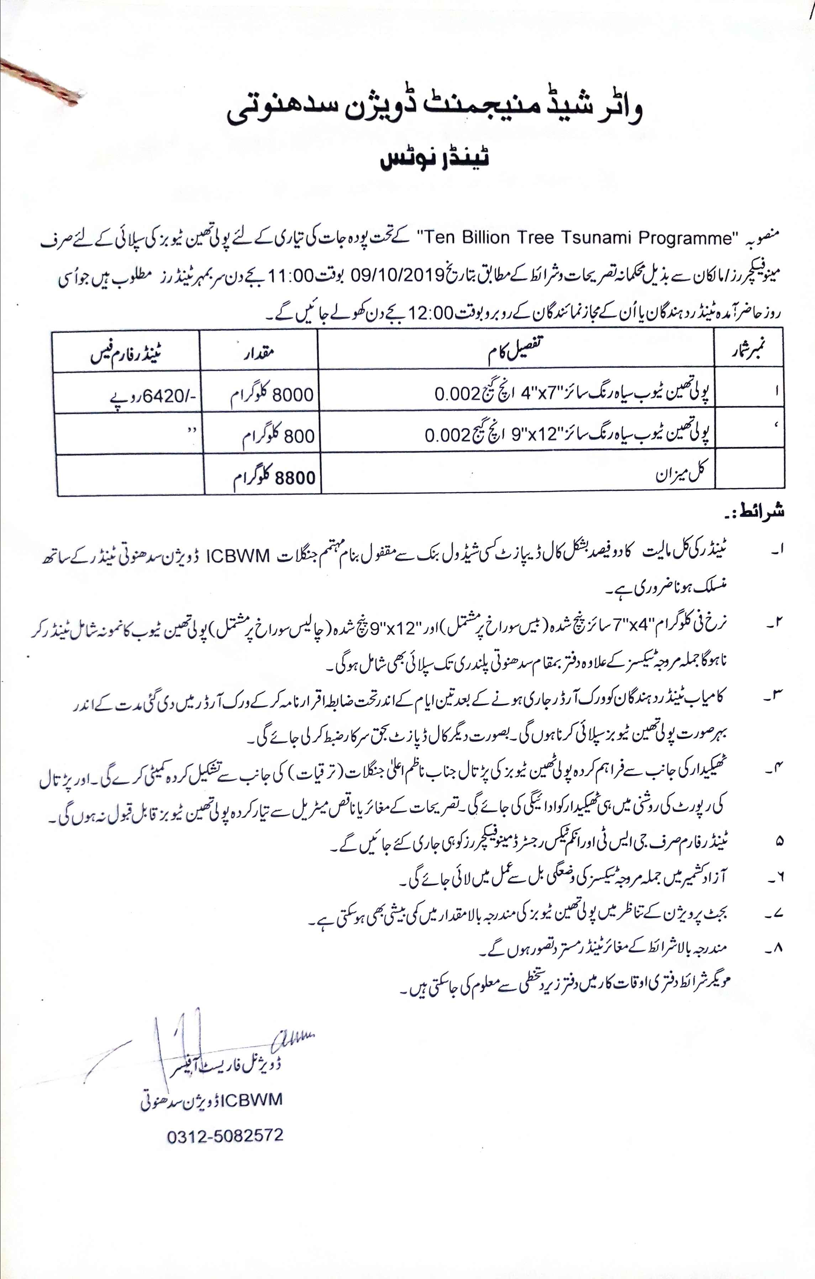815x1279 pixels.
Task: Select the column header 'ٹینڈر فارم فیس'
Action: click(x=126, y=352)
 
